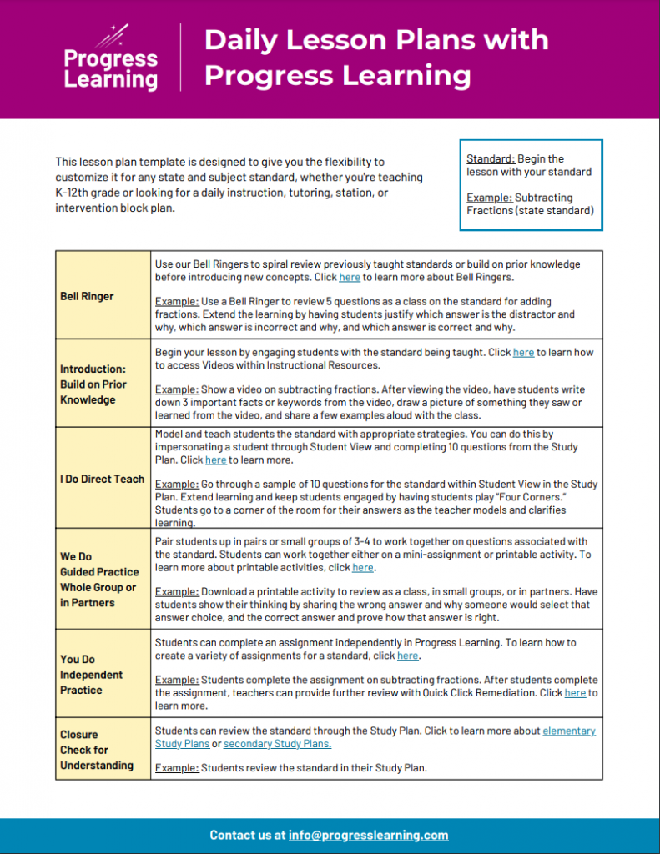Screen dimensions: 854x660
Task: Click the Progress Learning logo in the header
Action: (111, 59)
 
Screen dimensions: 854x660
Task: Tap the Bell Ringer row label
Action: (87, 296)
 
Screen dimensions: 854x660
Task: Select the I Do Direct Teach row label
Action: (102, 479)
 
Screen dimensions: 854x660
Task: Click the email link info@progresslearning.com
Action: (368, 835)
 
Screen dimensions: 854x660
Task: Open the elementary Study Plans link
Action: (569, 731)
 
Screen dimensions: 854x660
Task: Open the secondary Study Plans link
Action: (277, 743)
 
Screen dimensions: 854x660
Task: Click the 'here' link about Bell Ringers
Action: (350, 277)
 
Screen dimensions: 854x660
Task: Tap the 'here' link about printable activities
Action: (363, 567)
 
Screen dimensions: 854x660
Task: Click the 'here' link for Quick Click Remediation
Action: (575, 692)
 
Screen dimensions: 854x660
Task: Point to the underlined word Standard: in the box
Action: (490, 158)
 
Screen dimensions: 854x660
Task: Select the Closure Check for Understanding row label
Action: (96, 750)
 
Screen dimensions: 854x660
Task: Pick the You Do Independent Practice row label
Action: (91, 675)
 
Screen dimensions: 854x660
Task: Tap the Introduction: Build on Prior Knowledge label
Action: (93, 384)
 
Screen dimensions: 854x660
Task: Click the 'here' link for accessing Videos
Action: (523, 353)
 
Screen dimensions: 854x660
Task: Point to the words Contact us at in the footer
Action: (247, 835)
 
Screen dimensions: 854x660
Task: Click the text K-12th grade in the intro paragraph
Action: (91, 193)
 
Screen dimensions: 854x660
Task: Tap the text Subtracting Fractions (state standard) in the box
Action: (530, 204)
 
